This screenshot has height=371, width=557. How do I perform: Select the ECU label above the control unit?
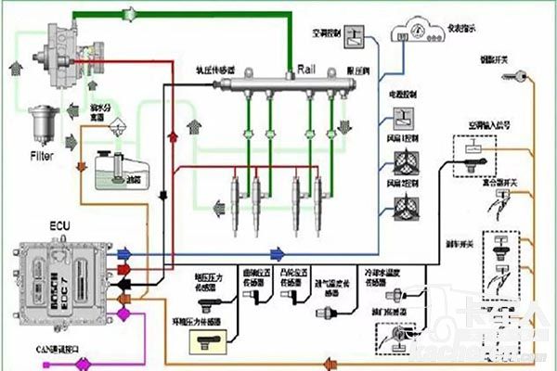point(34,225)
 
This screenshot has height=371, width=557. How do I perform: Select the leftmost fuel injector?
point(227,200)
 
